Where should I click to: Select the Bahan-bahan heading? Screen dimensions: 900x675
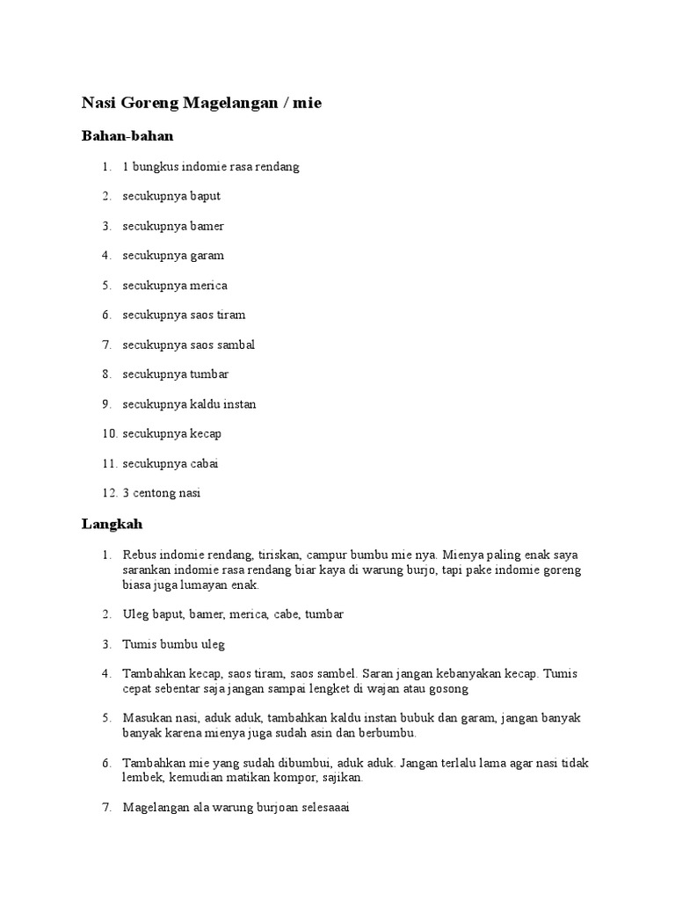coord(127,136)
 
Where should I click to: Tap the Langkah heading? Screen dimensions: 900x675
coord(112,524)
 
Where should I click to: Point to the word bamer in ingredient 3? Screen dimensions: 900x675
coord(207,226)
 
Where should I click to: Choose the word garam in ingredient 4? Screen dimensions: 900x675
coord(207,256)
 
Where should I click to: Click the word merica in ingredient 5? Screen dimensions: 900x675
coord(209,286)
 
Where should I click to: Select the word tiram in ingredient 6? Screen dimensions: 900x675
coord(231,315)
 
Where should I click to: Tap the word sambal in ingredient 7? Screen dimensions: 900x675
coord(236,345)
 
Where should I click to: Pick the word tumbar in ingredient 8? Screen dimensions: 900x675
coord(210,374)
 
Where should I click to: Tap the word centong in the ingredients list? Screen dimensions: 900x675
coord(155,493)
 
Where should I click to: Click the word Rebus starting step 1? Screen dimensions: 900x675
coord(140,555)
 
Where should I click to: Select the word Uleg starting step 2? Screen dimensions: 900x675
coord(135,614)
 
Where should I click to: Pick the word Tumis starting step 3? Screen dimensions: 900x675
coord(140,644)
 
